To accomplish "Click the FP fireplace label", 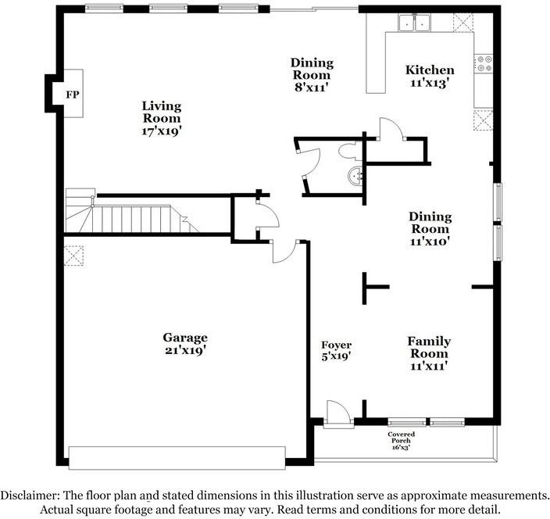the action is (73, 95).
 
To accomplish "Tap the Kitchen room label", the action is (430, 70).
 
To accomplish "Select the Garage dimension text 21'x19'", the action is (185, 350).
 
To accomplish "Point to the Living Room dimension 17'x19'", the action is (162, 131).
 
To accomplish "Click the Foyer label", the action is (336, 345).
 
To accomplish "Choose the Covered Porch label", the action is (401, 437).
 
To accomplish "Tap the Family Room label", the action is (429, 347).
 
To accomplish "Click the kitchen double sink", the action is (414, 23).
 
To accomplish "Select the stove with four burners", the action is (484, 63).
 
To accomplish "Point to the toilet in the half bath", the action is (348, 152).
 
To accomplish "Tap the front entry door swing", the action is (337, 413).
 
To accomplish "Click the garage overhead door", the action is (177, 457).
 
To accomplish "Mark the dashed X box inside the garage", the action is (73, 256).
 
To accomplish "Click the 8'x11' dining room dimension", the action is (312, 87).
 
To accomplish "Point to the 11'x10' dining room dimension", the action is (430, 242).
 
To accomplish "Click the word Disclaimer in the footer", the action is (30, 496).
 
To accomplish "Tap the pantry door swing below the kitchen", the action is (391, 129).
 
